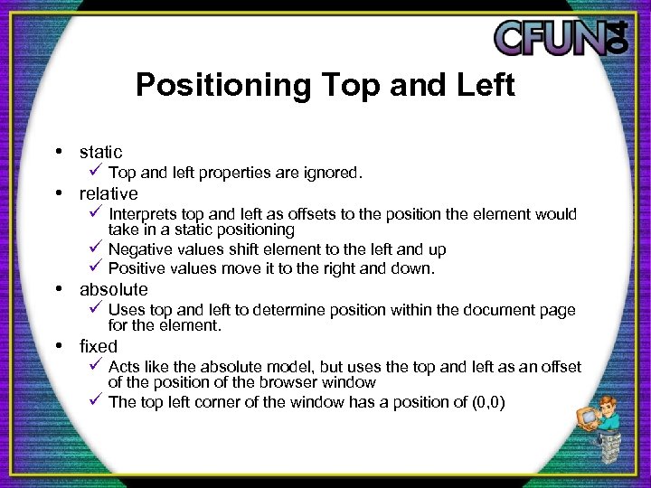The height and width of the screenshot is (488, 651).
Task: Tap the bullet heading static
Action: point(100,152)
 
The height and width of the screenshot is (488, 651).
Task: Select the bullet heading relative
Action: point(108,193)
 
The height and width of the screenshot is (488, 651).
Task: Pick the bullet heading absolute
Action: point(113,289)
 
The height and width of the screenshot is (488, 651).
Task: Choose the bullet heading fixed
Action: point(99,346)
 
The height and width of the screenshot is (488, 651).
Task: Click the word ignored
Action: point(334,173)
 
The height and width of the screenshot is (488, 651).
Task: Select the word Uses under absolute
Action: point(127,310)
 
